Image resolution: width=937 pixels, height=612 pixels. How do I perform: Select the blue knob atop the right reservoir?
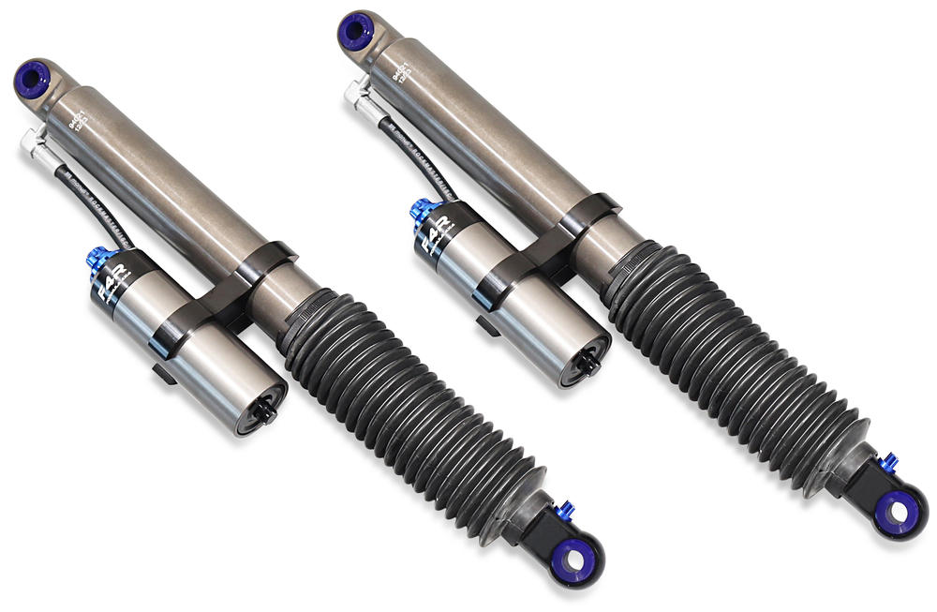pyautogui.click(x=421, y=212)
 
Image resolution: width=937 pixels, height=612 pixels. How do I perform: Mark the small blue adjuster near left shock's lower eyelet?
pyautogui.click(x=564, y=510)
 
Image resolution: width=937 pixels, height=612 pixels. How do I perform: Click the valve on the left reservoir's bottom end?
pyautogui.click(x=263, y=413)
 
